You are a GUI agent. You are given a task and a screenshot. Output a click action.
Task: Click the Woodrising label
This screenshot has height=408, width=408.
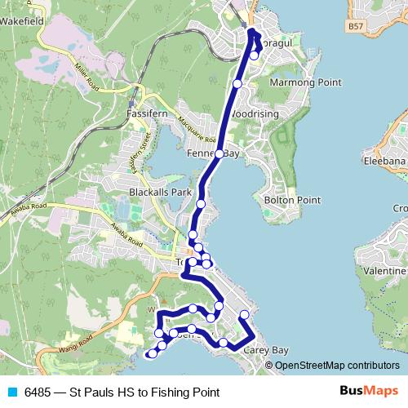[x=255, y=113]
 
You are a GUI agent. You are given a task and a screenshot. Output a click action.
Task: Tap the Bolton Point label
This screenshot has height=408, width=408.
[x=292, y=199]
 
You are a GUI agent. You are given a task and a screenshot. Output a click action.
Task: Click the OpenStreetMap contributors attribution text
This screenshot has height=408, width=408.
[x=337, y=365]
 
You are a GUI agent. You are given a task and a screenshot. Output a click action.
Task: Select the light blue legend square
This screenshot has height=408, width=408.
[x=12, y=392]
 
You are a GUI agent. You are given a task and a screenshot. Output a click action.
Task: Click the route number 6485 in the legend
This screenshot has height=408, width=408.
[x=39, y=392]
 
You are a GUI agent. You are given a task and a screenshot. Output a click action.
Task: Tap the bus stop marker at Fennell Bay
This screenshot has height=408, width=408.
[x=219, y=153]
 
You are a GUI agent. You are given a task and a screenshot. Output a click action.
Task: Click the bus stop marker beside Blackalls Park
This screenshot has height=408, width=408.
[x=201, y=203]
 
